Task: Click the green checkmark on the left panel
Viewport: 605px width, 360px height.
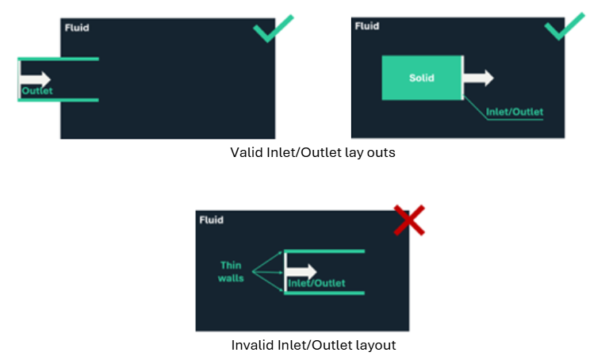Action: (272, 29)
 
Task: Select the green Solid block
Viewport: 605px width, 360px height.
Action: (422, 78)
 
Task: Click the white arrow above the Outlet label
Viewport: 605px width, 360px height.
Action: (36, 79)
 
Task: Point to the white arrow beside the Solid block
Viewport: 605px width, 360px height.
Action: (479, 77)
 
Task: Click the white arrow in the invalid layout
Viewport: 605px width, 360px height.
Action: (301, 271)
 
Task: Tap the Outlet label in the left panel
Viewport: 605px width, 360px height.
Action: (36, 92)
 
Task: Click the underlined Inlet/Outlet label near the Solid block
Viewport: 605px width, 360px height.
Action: (514, 112)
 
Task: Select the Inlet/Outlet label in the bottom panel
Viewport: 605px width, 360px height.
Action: (316, 283)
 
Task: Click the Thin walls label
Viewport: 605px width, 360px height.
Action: (232, 272)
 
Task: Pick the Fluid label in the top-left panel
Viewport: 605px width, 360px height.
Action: (77, 28)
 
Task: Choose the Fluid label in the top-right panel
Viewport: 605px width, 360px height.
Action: (367, 27)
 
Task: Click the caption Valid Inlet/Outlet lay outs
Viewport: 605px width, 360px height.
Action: (312, 152)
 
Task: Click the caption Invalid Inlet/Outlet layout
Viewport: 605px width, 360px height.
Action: (313, 345)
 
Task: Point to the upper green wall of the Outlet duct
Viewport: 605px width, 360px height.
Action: (59, 59)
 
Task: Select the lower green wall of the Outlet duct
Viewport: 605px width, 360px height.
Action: (59, 100)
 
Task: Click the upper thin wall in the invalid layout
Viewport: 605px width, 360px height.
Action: (325, 251)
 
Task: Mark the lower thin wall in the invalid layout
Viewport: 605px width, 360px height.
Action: (325, 293)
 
